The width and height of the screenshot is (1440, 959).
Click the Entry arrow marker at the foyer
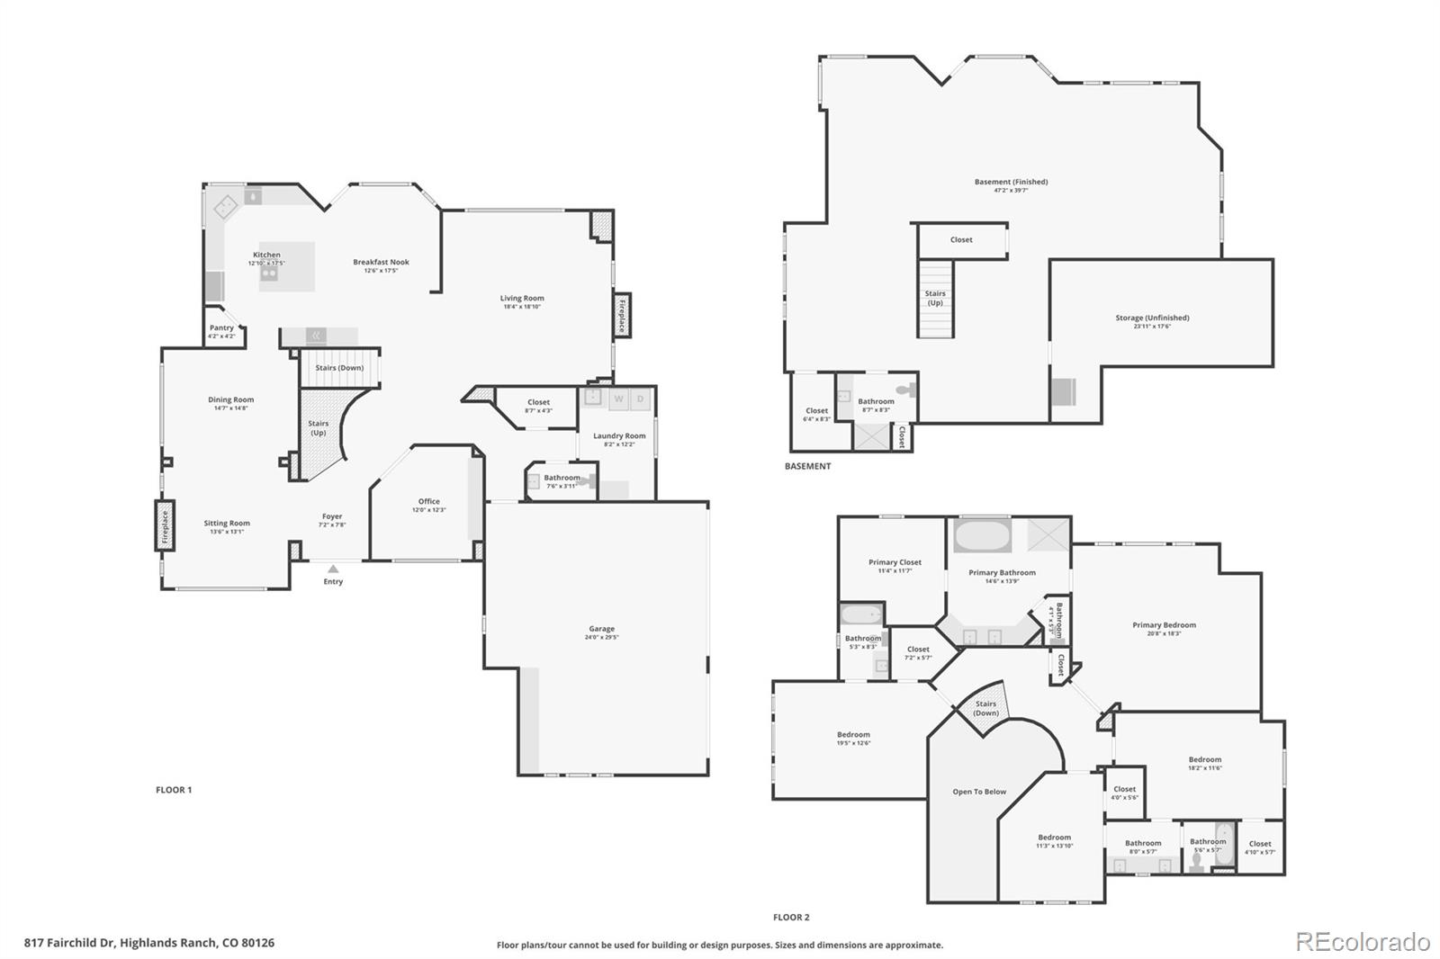point(333,569)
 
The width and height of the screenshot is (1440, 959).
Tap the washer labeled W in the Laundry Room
point(618,399)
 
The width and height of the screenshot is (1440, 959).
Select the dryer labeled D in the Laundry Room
point(641,399)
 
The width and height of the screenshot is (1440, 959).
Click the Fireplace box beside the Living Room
point(621,316)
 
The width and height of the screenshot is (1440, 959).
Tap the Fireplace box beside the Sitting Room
point(165,528)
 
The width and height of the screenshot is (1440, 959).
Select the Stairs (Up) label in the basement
point(935,298)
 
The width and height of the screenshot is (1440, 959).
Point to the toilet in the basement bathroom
point(908,390)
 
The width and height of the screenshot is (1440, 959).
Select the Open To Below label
point(979,792)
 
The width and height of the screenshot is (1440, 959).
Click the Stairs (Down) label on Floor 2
point(985,708)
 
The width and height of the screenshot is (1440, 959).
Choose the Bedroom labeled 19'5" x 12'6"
point(853,738)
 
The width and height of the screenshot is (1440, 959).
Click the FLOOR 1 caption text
point(174,790)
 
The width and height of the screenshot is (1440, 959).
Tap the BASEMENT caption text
point(807,466)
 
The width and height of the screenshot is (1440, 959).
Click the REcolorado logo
point(1362,942)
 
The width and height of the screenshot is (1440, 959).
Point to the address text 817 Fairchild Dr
point(148,943)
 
